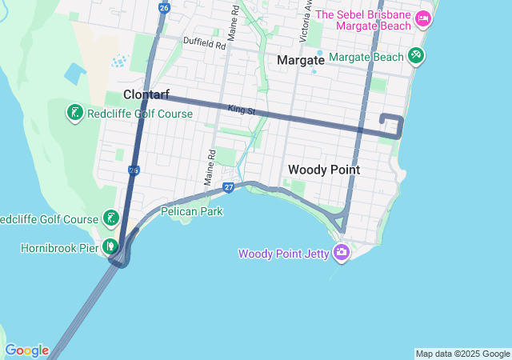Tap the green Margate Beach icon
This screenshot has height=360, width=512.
tap(415, 56)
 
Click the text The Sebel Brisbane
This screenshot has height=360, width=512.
tap(364, 16)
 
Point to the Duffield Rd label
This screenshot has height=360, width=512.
tap(204, 42)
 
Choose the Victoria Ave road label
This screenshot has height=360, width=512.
tap(306, 20)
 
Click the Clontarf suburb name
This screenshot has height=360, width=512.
tap(146, 94)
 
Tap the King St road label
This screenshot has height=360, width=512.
tap(240, 109)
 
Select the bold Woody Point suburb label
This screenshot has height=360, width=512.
tap(324, 170)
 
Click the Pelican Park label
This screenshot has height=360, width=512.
tap(191, 212)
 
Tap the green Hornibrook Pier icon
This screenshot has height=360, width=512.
tap(110, 246)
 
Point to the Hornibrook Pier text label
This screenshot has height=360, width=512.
tap(59, 248)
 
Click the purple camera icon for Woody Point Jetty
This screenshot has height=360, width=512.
tap(342, 252)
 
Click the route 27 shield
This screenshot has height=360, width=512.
tap(229, 187)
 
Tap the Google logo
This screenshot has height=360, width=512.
tap(26, 350)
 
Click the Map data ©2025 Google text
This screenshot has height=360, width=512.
tap(462, 354)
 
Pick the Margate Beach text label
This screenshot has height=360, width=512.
tap(366, 57)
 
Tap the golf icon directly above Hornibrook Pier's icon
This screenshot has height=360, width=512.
tap(110, 218)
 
